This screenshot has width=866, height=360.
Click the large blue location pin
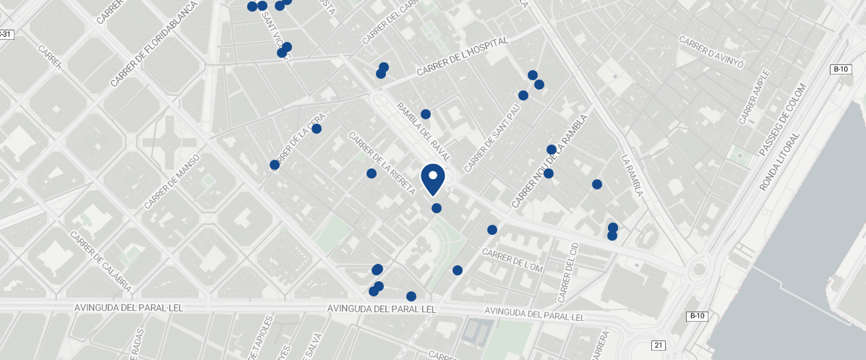coord(432,179)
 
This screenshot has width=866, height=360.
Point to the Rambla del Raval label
coord(424,132)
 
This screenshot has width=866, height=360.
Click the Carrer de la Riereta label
coord(382,163)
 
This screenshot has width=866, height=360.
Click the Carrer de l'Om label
coord(512,262)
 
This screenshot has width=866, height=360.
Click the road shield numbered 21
coord(658,346)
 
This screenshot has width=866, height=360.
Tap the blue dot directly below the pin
coord(437,208)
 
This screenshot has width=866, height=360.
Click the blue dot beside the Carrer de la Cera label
coord(317,129)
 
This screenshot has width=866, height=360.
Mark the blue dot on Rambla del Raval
coord(426,114)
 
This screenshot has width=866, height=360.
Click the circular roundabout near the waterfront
coord(698,270)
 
